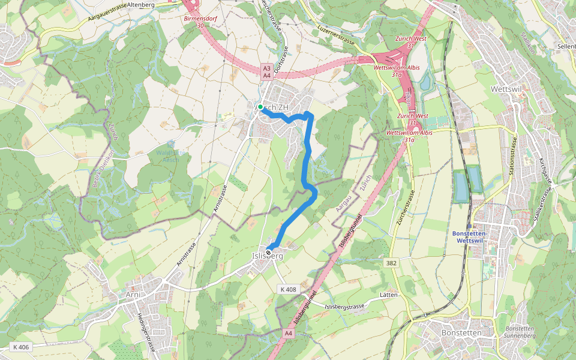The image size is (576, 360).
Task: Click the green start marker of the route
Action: pos(260,107)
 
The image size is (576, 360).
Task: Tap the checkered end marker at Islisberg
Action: pos(269,251)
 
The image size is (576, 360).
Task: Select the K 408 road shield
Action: pos(288,289)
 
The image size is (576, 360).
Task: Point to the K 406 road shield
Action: pos(20,347)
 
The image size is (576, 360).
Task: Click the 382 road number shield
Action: pos(391,263)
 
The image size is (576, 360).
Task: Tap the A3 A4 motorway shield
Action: pos(266,72)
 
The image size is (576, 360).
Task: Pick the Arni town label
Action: pos(133,295)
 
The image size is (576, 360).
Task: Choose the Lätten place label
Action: pos(389,295)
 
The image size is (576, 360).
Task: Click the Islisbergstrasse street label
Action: pos(344,307)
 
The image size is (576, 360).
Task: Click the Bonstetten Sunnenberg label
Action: pos(521,332)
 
